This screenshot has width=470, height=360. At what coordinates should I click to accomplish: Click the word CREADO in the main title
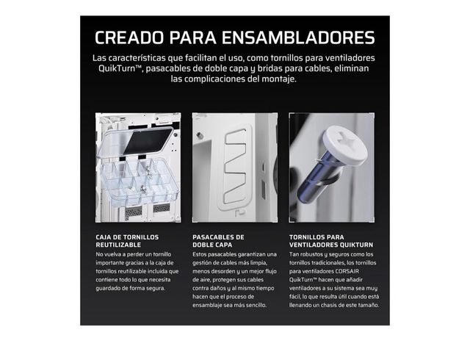pos(129,37)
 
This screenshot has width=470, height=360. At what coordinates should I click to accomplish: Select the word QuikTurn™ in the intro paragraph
pos(120,69)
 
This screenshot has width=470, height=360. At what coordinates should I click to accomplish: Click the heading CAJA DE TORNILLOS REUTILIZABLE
pos(127,241)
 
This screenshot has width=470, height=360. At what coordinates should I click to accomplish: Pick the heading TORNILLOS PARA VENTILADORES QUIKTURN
pos(331,241)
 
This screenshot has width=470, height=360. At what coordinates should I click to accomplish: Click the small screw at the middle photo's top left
pos(198,135)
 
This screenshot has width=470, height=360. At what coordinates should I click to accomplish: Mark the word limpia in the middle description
pos(258,263)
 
